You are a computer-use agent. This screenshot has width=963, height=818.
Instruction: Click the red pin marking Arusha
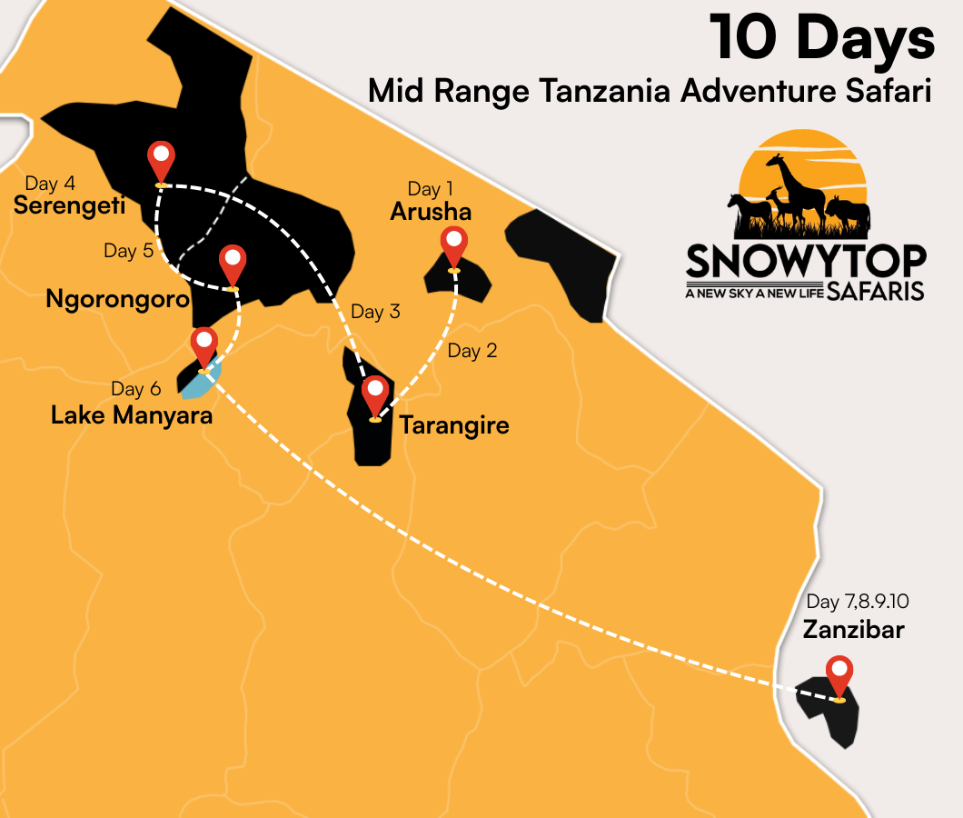[452, 244]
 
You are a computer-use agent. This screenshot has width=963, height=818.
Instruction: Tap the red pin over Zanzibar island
[839, 673]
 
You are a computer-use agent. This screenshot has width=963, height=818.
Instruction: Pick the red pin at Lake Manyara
[204, 345]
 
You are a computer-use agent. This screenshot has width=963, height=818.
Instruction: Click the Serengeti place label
[69, 206]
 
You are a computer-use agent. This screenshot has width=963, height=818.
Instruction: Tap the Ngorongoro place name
[117, 299]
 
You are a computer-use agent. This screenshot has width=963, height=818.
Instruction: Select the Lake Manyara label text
[132, 415]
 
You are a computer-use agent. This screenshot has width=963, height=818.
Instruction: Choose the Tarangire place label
[454, 424]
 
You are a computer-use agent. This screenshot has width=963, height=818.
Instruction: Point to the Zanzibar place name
[854, 628]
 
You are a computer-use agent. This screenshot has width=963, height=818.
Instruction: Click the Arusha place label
[431, 212]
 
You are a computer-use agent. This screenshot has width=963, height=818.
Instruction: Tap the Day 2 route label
[472, 351]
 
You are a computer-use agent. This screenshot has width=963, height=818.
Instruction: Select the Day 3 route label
[375, 312]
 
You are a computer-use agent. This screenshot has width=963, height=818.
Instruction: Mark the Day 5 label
[128, 251]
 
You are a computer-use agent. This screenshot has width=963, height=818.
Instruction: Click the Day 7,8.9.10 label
[858, 602]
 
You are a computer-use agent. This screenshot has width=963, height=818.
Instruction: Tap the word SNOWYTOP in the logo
[806, 261]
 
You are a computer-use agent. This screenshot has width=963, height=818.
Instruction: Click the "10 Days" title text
[822, 39]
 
